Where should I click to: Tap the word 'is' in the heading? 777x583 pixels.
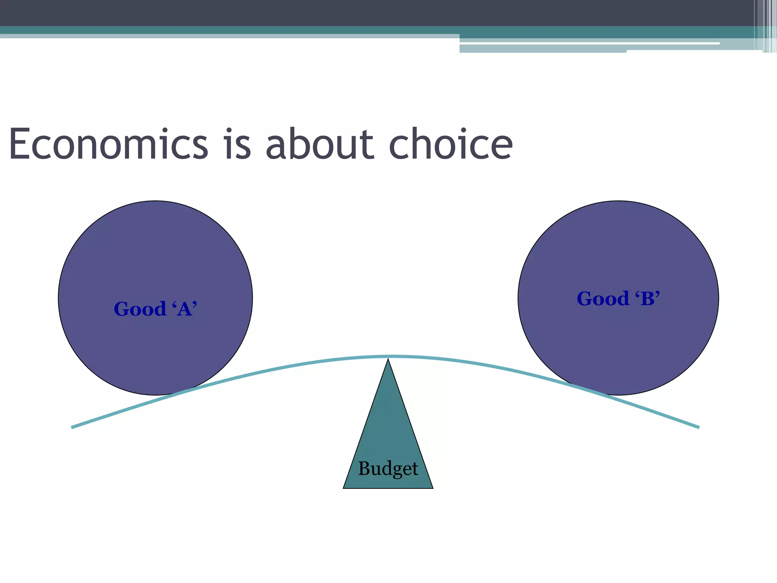pos(238,144)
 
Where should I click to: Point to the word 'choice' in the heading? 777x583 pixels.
pos(450,144)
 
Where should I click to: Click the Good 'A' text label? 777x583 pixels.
pos(156,309)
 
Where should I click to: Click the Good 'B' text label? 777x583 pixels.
pos(618,299)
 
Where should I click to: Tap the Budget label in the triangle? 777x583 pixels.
pos(388,468)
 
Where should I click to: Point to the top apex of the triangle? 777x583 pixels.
pos(388,360)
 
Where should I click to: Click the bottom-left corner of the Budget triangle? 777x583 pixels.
pos(344,488)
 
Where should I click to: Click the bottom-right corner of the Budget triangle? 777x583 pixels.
pos(433,488)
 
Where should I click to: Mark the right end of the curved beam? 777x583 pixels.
pos(698,427)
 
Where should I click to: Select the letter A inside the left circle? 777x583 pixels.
pos(185,309)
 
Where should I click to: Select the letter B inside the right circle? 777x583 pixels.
pos(648,299)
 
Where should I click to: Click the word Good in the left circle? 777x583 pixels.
pos(140,309)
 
